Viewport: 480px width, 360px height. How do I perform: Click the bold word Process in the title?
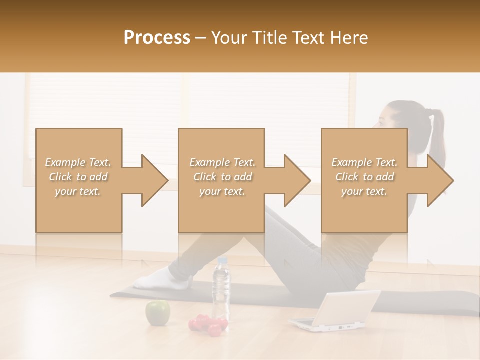(157, 38)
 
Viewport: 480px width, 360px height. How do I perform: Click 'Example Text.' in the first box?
(78, 162)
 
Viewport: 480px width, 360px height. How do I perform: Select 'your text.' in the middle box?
(222, 191)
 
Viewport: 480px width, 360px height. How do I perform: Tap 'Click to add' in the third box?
(364, 177)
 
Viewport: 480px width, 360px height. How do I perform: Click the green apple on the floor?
(157, 313)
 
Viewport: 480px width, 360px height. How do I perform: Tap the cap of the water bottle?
(222, 261)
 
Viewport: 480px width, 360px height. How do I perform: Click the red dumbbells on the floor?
(207, 325)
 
